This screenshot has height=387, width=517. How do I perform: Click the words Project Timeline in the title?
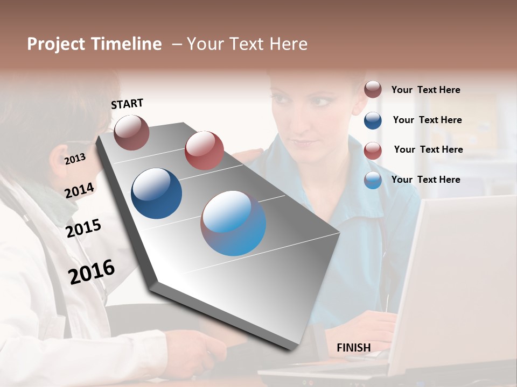tap(94, 44)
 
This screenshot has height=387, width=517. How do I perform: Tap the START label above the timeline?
tap(127, 104)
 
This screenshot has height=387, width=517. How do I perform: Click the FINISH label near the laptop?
tap(353, 348)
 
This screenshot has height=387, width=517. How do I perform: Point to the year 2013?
tap(75, 159)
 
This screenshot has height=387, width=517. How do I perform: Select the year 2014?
tap(79, 190)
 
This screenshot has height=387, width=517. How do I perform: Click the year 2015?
tap(83, 228)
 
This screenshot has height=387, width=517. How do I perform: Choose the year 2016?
tap(92, 271)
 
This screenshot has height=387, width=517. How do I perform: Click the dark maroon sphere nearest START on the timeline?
tap(131, 132)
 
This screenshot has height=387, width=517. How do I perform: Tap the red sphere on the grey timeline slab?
tap(204, 150)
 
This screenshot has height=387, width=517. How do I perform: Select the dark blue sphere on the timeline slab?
tap(156, 193)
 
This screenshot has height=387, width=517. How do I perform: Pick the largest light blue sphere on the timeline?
tap(233, 223)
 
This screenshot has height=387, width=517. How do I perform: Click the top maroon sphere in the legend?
tap(373, 90)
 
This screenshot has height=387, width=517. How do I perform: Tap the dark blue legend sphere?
tap(373, 120)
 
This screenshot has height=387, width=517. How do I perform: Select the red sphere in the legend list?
tap(373, 150)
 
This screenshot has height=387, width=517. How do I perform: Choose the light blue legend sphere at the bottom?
tap(373, 180)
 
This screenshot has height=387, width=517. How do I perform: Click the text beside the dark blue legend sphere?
tap(427, 120)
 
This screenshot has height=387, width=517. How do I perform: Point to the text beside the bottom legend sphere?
tap(425, 180)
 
